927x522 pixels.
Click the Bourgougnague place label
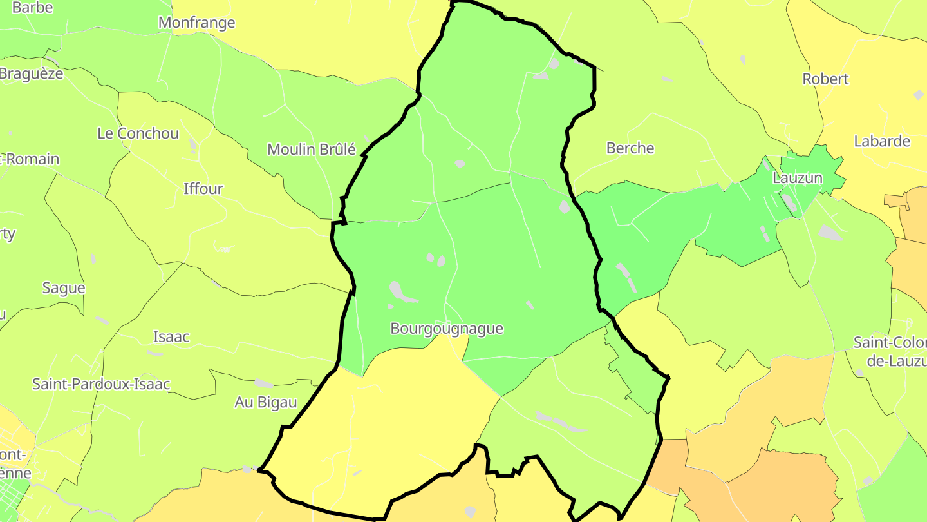coord(447,329)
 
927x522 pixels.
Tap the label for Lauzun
coord(797,178)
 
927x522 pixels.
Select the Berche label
coord(630,148)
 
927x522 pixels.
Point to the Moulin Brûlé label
coord(312,150)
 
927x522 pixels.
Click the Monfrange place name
coord(196,23)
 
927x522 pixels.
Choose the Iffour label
coord(203,189)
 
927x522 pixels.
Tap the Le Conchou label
coord(138,133)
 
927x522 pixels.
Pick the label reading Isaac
coord(171,336)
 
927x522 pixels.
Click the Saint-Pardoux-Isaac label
coord(101,384)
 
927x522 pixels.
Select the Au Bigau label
coord(265,402)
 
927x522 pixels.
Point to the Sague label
coord(64,288)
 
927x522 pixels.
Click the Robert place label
coord(825,79)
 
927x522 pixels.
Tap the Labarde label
coord(882,141)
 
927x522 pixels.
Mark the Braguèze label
coord(31,73)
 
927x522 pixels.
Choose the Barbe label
coord(32,8)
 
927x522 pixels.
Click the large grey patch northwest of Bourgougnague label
coord(402,292)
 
